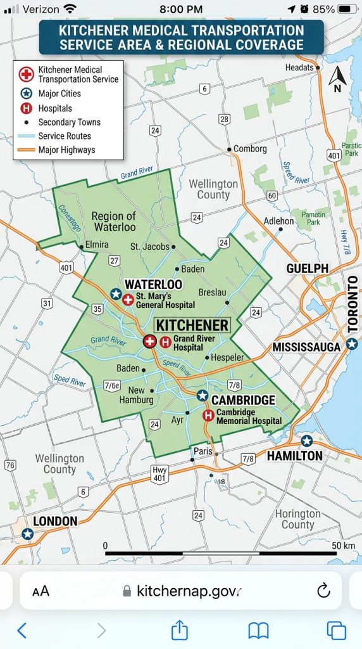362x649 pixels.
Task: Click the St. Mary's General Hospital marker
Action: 128,300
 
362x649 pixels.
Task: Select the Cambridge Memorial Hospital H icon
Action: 208,416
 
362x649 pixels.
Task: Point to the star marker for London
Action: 27,534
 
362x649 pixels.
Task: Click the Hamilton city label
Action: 294,456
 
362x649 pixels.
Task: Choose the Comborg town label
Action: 251,149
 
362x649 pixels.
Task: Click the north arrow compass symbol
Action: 337,79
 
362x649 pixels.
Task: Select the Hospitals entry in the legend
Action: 55,108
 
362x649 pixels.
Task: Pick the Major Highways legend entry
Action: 66,150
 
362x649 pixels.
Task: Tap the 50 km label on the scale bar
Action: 343,545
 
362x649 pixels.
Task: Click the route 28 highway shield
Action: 224,119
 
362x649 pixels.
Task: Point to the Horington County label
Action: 297,519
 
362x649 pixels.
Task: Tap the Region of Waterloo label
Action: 115,221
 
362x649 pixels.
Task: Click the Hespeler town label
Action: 227,357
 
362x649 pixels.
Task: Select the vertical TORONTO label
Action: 353,304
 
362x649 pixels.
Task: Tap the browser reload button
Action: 323,591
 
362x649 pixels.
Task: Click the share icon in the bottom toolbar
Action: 180,630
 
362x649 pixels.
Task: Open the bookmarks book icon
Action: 258,630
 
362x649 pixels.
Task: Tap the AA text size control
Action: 41,591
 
